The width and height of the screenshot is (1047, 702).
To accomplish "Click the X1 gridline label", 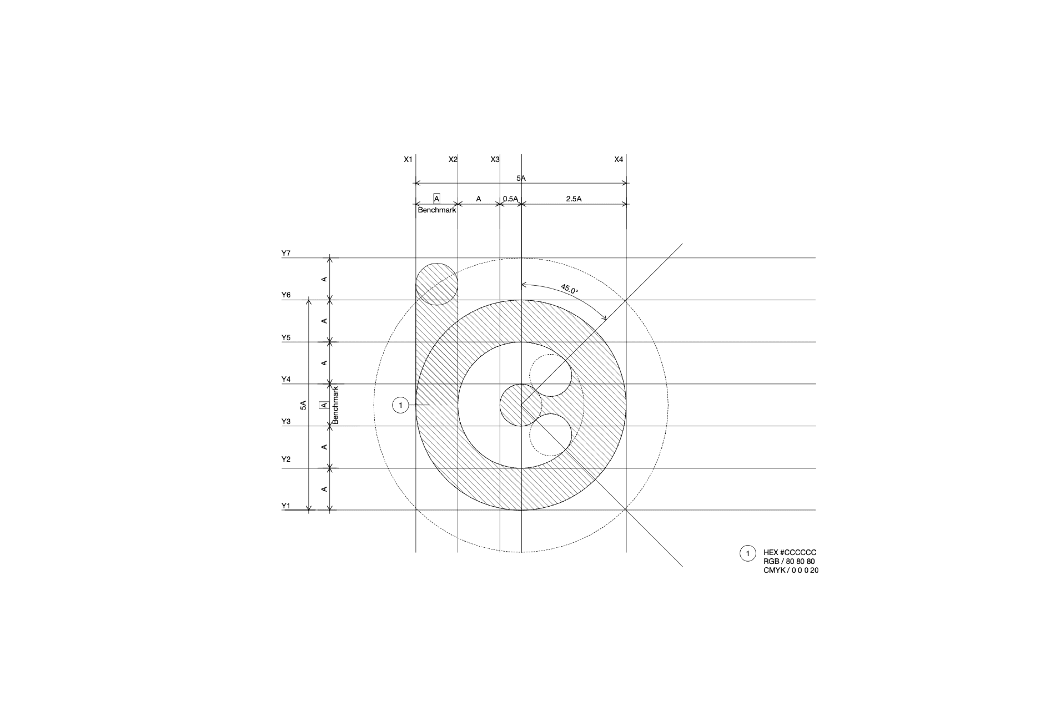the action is (x=408, y=160).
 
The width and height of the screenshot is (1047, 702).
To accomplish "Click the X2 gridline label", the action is (x=453, y=160).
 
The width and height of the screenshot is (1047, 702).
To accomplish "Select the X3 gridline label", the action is (x=494, y=160).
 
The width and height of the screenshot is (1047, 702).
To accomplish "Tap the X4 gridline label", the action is (x=618, y=160).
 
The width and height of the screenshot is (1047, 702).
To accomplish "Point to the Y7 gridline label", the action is (x=286, y=253).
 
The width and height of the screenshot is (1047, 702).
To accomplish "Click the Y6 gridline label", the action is (x=286, y=295).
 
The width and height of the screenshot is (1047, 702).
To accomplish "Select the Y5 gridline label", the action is (x=286, y=338).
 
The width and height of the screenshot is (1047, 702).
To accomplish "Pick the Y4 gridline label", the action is (x=286, y=379).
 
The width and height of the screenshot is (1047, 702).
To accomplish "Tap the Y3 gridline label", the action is (x=286, y=421).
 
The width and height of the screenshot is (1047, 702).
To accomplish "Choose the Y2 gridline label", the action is (x=286, y=459).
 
